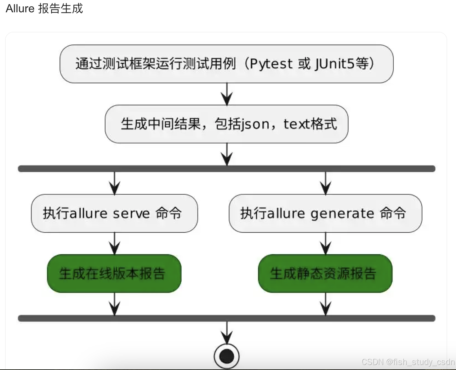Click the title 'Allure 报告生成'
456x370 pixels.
pyautogui.click(x=44, y=9)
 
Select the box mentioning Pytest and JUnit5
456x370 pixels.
pyautogui.click(x=226, y=64)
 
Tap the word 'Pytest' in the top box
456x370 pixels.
pyautogui.click(x=271, y=64)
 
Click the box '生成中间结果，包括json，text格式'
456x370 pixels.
pyautogui.click(x=226, y=124)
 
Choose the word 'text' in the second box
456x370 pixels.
pyautogui.click(x=296, y=124)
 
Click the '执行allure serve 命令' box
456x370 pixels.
pyautogui.click(x=114, y=213)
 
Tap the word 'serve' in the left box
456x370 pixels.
pyautogui.click(x=131, y=214)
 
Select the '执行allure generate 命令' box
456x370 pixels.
pyautogui.click(x=325, y=213)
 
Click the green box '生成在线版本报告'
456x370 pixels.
pyautogui.click(x=114, y=273)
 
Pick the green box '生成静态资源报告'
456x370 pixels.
pyautogui.click(x=325, y=273)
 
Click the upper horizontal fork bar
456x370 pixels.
pyautogui.click(x=226, y=169)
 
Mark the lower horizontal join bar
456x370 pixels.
pyautogui.click(x=226, y=318)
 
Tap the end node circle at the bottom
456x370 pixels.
pyautogui.click(x=226, y=356)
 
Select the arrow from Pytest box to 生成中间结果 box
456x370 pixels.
pyautogui.click(x=227, y=94)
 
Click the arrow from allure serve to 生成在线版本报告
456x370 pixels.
pyautogui.click(x=114, y=243)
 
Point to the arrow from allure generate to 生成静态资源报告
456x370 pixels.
pyautogui.click(x=325, y=243)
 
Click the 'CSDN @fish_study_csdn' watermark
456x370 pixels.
pyautogui.click(x=408, y=362)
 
